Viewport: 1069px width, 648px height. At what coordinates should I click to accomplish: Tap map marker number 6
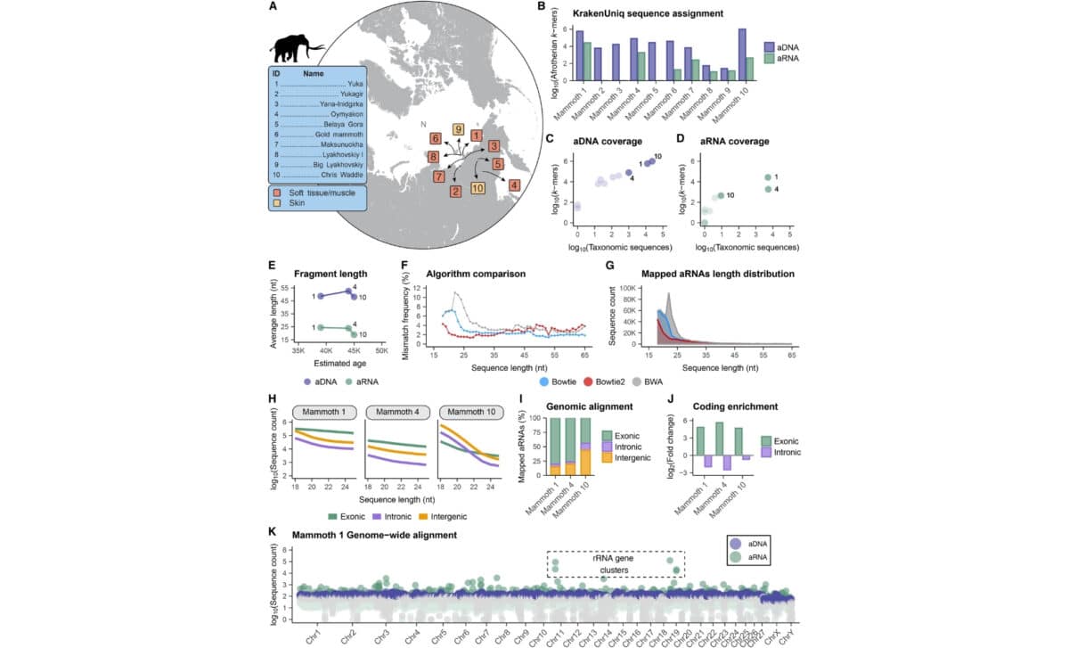click(436, 138)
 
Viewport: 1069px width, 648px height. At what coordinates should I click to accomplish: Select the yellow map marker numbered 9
click(458, 129)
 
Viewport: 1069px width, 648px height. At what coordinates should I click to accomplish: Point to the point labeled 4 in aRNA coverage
click(768, 189)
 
